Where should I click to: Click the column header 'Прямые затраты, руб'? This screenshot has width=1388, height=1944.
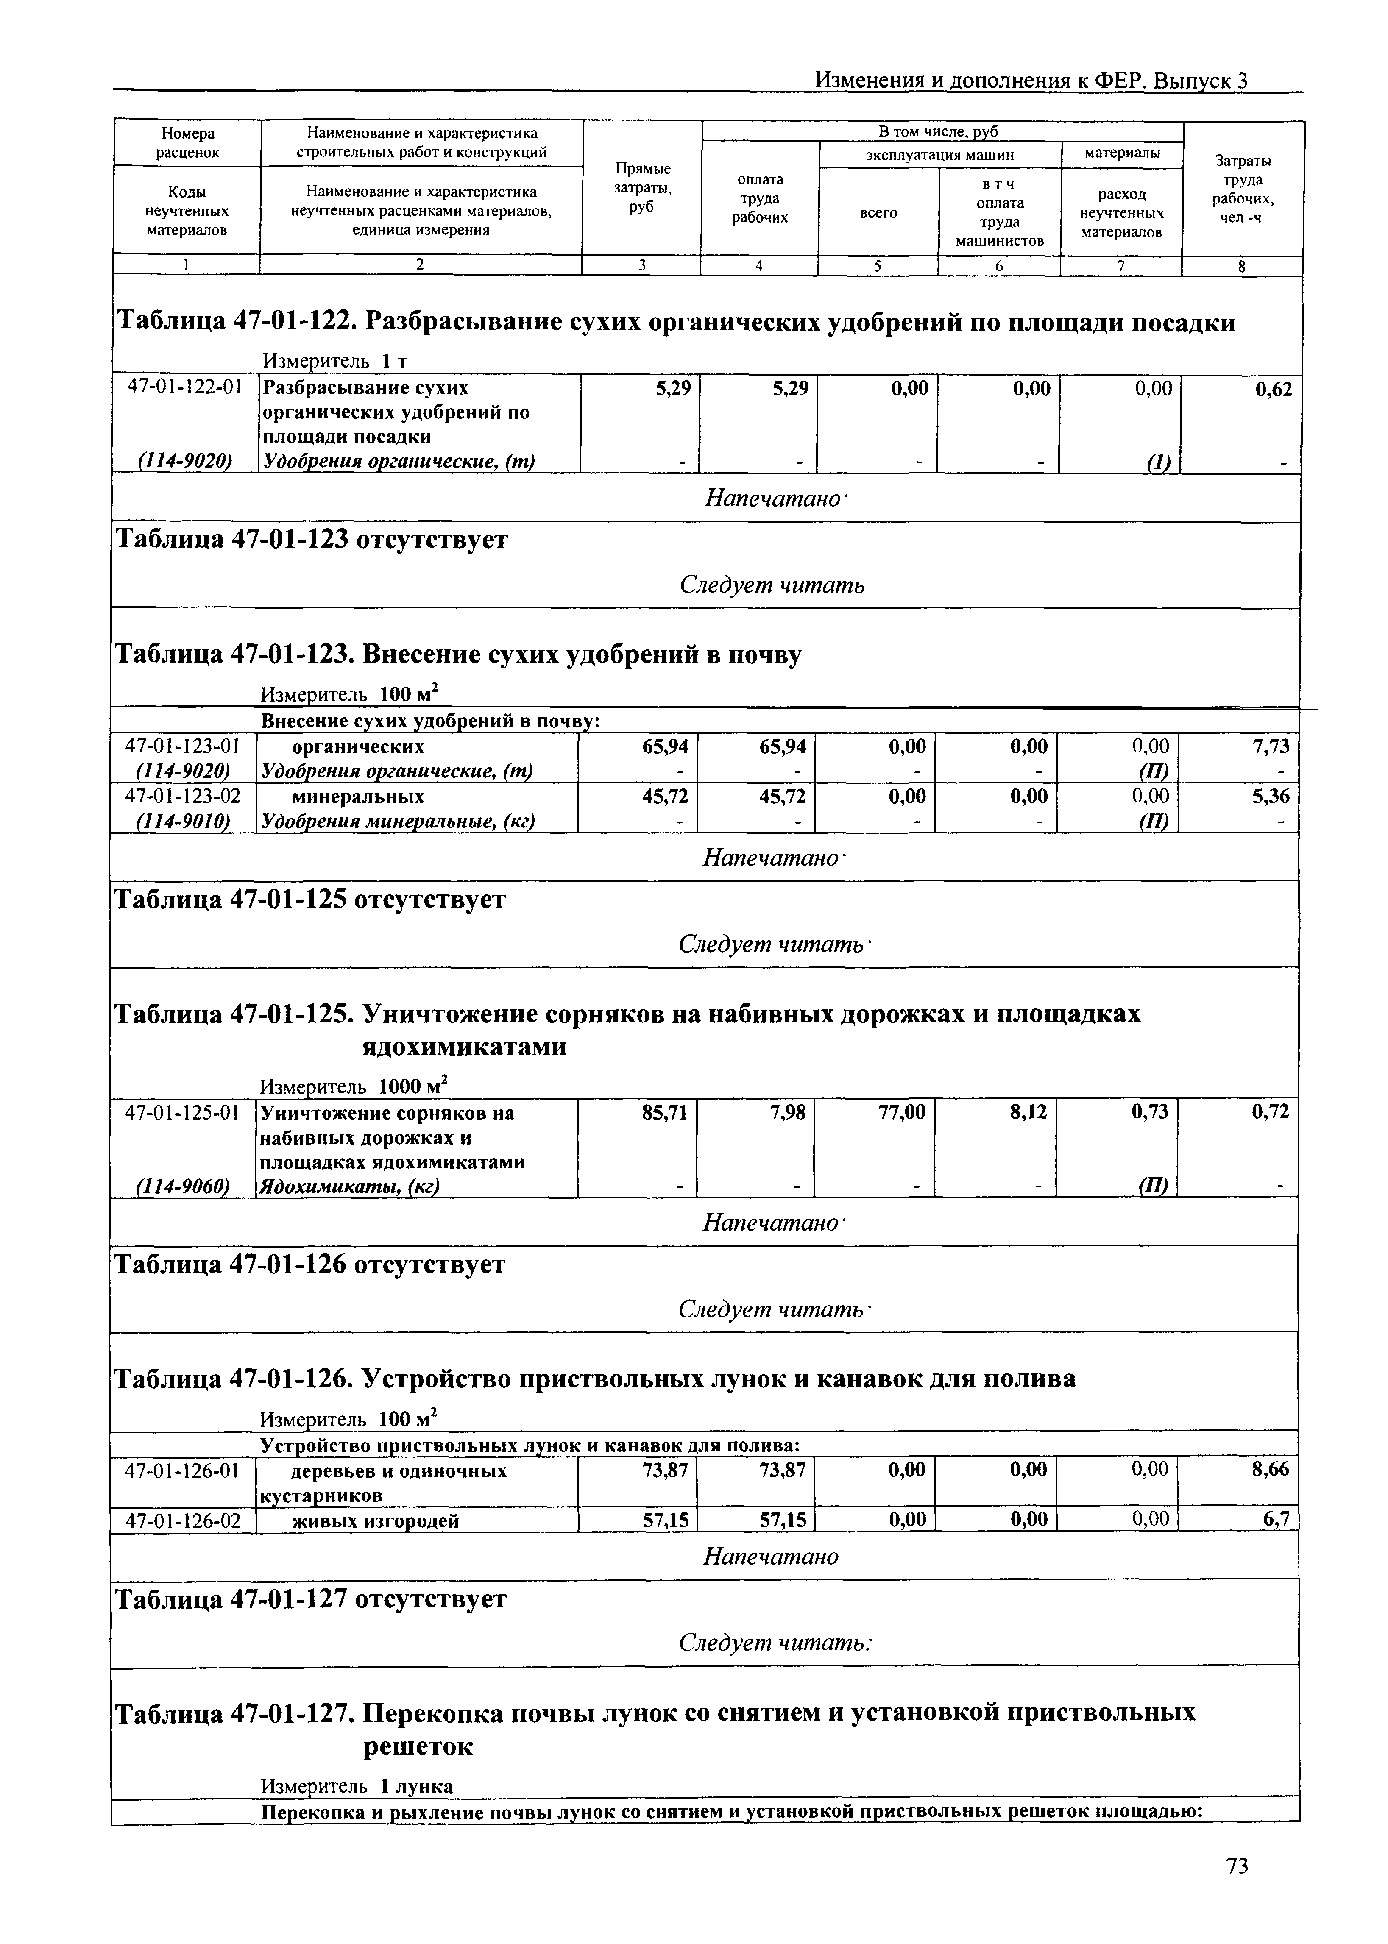tap(642, 188)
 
